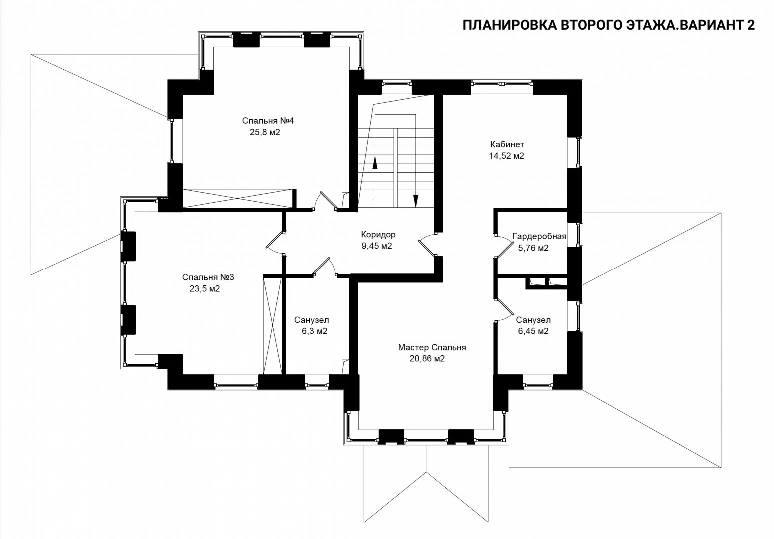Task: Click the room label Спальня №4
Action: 268,121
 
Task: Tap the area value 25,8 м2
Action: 265,132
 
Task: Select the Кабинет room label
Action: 507,144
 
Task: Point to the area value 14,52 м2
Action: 506,156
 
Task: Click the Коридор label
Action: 378,235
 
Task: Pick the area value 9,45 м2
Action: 377,246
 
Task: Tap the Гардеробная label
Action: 539,236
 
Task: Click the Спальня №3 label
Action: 208,277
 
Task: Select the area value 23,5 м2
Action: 204,289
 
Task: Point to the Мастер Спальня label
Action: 432,347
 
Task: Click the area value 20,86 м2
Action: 427,359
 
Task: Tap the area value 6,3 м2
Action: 314,331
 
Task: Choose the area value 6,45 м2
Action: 533,331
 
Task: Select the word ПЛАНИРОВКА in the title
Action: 508,25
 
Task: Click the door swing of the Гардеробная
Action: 504,245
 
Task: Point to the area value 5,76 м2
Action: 533,248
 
